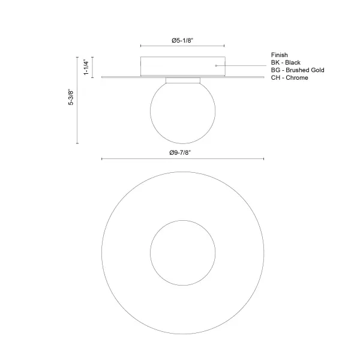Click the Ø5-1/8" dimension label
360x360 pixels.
point(182,40)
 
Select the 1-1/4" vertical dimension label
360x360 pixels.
point(86,67)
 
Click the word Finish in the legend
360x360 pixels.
point(279,55)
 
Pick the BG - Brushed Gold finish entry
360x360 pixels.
point(298,70)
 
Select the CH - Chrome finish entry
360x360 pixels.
point(290,78)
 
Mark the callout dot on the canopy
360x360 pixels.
point(216,64)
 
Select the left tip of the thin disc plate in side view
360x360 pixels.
point(102,76)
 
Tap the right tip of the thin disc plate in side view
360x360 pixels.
point(263,76)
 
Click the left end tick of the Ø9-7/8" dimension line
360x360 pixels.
point(102,159)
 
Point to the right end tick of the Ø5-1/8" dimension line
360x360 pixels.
point(224,46)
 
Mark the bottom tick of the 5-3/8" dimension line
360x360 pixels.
point(77,144)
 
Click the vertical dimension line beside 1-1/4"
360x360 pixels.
point(92,67)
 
